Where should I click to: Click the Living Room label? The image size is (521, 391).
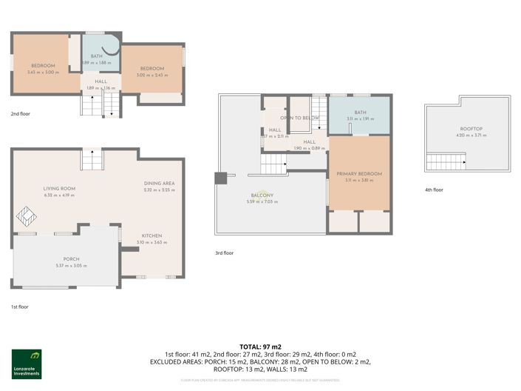[x=58, y=189]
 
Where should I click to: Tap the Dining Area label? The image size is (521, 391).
[x=158, y=184]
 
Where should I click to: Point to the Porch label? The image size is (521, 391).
[x=71, y=259]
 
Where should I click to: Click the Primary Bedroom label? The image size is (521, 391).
[x=359, y=174]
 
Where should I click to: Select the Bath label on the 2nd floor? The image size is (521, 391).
[x=96, y=56]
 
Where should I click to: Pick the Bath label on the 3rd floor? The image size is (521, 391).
[x=360, y=113]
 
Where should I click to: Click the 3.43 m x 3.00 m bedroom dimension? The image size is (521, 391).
[x=42, y=72]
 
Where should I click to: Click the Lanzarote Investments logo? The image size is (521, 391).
[x=27, y=364]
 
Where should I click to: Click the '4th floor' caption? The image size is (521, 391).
[x=433, y=190]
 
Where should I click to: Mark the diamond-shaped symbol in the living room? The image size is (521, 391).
[x=27, y=216]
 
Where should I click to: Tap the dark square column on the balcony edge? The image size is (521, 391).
[x=220, y=178]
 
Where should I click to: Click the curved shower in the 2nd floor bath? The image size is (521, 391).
[x=111, y=47]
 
